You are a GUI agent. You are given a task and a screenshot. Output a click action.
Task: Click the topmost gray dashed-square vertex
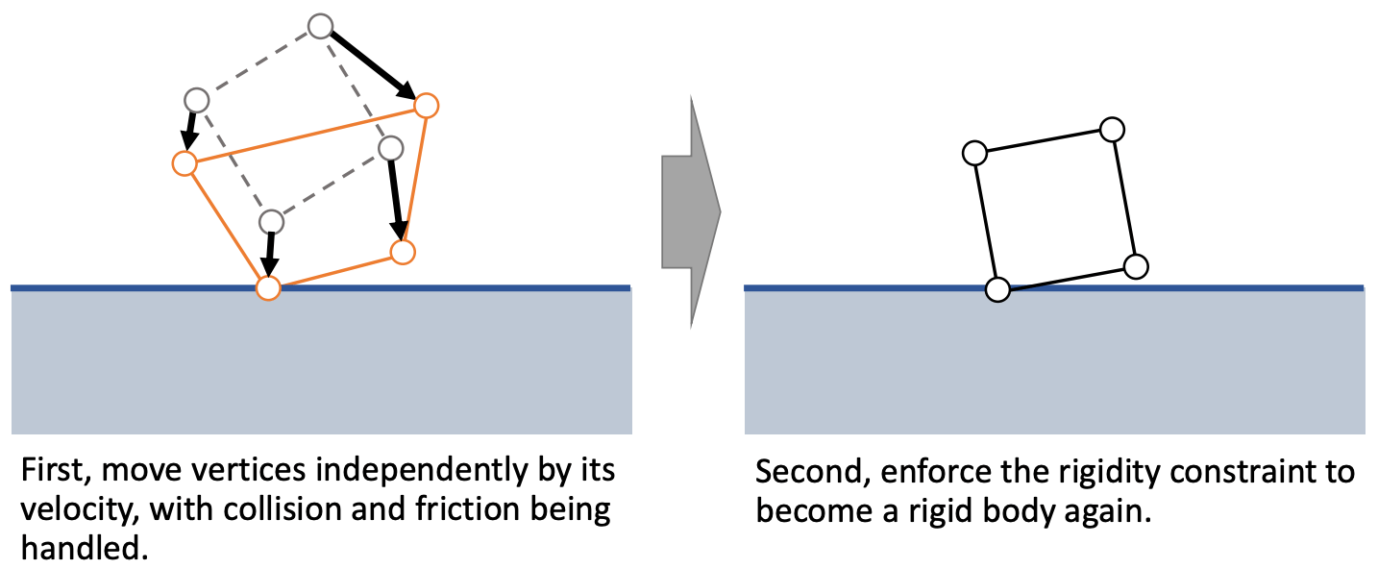(322, 26)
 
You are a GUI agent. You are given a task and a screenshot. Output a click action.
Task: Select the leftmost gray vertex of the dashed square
(196, 99)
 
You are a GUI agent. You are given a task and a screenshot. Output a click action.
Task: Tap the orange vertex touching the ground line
(268, 287)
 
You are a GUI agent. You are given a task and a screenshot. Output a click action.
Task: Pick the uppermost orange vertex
(426, 105)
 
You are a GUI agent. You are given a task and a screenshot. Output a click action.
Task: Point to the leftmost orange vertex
(185, 163)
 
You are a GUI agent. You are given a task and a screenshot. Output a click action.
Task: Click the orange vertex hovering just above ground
(403, 252)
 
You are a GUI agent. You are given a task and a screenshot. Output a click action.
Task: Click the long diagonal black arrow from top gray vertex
(375, 66)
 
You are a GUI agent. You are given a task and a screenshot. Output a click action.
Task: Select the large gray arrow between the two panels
(690, 211)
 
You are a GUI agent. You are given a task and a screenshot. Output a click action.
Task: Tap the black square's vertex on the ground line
(997, 289)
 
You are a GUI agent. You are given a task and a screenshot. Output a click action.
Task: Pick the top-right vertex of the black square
(1112, 129)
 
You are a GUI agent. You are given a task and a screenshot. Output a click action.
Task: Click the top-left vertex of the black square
(973, 152)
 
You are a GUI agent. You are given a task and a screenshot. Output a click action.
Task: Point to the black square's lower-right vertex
(1136, 266)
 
